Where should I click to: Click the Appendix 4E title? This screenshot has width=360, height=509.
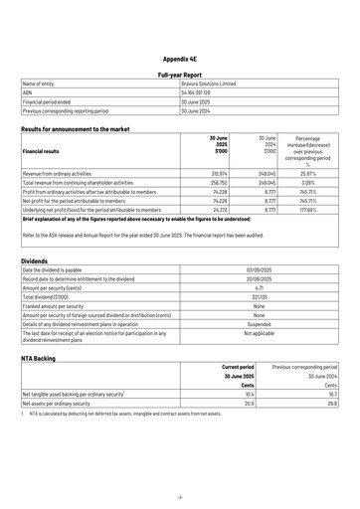(180, 59)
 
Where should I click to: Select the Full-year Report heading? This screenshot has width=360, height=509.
(180, 75)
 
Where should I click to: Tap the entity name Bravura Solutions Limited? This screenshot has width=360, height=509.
(208, 85)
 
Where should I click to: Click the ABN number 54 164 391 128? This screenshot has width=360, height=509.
(197, 93)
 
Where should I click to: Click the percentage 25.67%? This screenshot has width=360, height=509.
(311, 173)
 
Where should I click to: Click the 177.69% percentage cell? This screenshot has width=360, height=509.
(310, 210)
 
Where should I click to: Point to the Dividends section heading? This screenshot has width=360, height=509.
(35, 260)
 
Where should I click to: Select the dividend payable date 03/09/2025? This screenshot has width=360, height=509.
(260, 269)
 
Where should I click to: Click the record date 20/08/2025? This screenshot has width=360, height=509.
(260, 278)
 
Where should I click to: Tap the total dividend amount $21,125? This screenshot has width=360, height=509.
(260, 296)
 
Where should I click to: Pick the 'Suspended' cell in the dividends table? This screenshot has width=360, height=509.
(260, 323)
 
